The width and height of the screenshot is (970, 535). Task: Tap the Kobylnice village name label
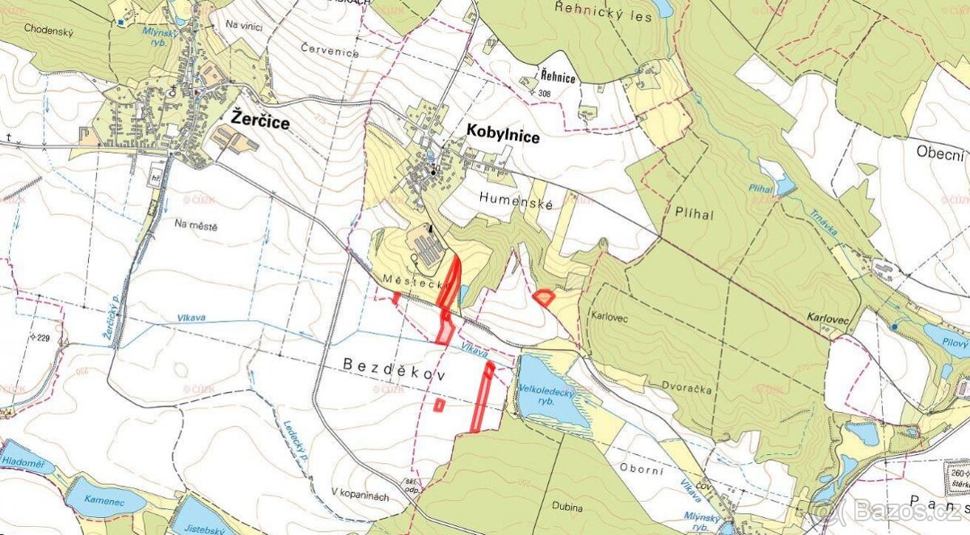pyautogui.click(x=503, y=137)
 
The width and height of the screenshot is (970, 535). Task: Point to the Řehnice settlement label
pyautogui.click(x=559, y=78)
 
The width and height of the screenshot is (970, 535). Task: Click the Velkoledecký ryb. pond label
pyautogui.click(x=546, y=392)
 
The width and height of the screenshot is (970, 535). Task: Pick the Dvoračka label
pyautogui.click(x=690, y=389)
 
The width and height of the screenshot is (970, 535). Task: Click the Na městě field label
pyautogui.click(x=196, y=227)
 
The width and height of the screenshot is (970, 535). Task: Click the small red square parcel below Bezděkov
pyautogui.click(x=439, y=405)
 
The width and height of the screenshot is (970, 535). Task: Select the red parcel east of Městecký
pyautogui.click(x=544, y=297)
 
